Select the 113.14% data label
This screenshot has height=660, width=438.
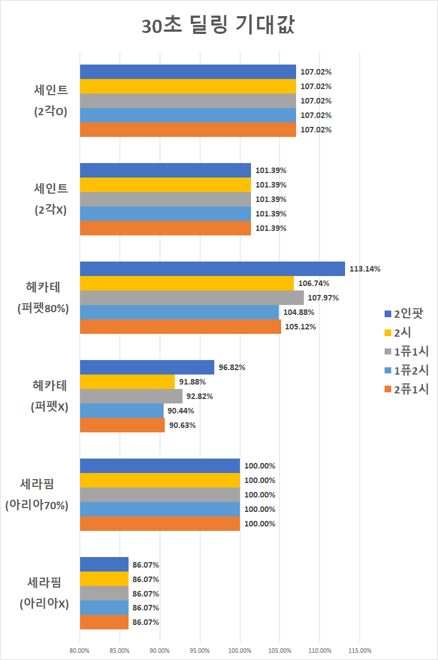click(x=365, y=269)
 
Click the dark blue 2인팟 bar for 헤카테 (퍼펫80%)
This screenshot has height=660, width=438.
click(x=212, y=269)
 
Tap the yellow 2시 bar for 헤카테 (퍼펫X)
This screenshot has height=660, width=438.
click(x=127, y=382)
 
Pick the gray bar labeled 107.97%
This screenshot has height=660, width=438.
click(x=191, y=298)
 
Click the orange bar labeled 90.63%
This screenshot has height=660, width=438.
click(x=122, y=425)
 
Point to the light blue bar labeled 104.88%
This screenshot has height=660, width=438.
click(x=179, y=312)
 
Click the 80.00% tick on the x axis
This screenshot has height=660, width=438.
click(x=80, y=650)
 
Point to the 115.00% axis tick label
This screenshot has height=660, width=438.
click(x=360, y=650)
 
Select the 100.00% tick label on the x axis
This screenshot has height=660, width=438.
click(x=240, y=650)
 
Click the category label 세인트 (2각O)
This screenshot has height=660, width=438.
click(x=51, y=100)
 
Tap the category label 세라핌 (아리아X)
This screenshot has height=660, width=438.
click(x=44, y=593)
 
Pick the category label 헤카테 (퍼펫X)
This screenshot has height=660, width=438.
click(x=50, y=396)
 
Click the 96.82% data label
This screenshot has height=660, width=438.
click(x=232, y=367)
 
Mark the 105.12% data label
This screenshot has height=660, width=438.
click(x=300, y=327)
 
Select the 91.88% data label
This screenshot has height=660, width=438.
click(x=193, y=382)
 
